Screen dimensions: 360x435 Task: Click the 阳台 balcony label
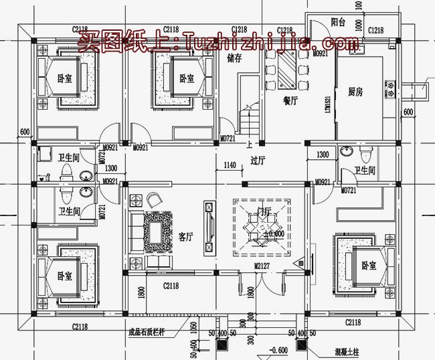(339, 22)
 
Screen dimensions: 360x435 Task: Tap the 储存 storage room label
(234, 58)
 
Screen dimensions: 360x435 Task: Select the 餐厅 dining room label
(290, 101)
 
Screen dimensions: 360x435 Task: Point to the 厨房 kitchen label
(356, 92)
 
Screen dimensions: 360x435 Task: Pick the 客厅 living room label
(185, 236)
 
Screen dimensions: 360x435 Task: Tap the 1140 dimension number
(230, 165)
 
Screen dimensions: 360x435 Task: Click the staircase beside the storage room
(248, 120)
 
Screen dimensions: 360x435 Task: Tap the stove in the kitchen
(389, 86)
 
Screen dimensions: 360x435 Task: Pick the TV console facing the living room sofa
(209, 228)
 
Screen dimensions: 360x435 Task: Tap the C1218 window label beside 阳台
(375, 30)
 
